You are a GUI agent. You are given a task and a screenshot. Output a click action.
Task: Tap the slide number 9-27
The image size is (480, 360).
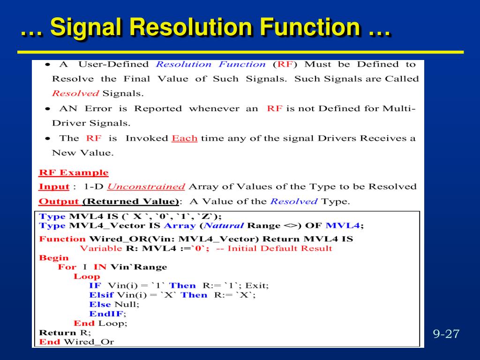446,334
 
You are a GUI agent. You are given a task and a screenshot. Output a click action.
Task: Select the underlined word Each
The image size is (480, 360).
184,138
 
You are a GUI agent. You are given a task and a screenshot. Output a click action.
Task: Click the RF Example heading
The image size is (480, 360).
73,172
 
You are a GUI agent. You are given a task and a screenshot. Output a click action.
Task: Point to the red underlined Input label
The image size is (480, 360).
54,187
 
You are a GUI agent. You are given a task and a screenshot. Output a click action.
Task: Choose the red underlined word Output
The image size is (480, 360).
59,202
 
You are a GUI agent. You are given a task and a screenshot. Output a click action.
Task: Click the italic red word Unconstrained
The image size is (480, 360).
146,187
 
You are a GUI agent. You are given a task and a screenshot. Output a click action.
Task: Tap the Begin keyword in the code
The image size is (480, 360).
53,258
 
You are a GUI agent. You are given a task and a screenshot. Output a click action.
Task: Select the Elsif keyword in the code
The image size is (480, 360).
101,295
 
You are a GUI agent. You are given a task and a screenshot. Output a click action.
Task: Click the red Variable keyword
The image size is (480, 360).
101,248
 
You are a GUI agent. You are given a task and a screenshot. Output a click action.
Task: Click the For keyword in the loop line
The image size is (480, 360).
67,267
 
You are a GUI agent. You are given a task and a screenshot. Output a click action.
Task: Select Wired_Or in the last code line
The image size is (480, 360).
89,342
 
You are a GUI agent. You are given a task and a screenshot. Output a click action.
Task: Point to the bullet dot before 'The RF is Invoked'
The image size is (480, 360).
48,139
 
